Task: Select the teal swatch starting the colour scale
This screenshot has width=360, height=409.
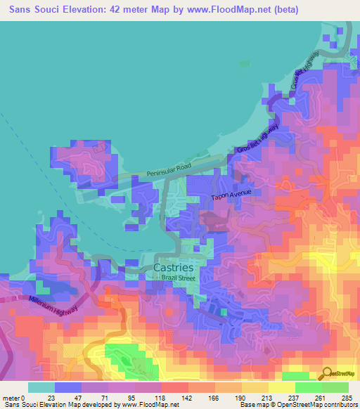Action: click(x=41, y=387)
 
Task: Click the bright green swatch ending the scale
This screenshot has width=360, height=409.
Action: click(x=335, y=387)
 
